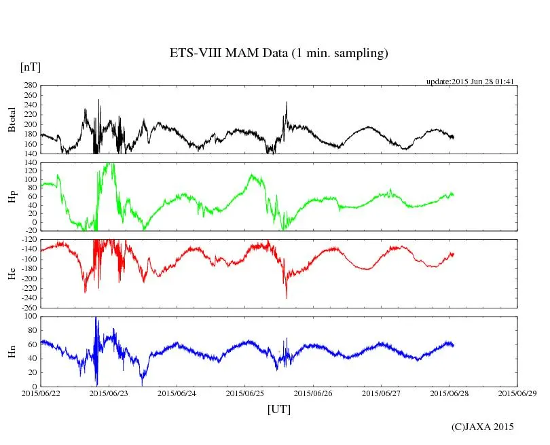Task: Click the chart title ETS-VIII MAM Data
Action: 278,53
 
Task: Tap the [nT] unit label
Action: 31,67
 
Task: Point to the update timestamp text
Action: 470,82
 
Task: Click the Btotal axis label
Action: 12,119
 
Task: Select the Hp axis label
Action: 12,197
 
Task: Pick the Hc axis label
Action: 12,274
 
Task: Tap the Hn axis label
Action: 12,351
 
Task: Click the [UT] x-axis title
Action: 279,409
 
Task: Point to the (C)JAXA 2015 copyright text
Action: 483,427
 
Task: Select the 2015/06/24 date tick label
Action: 177,393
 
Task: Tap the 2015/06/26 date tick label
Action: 314,393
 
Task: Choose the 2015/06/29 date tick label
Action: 517,393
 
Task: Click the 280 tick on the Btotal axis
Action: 29,86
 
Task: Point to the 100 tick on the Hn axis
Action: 29,317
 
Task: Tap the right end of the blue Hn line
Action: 454,345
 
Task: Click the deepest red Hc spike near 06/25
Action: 287,298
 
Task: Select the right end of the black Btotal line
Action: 454,137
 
